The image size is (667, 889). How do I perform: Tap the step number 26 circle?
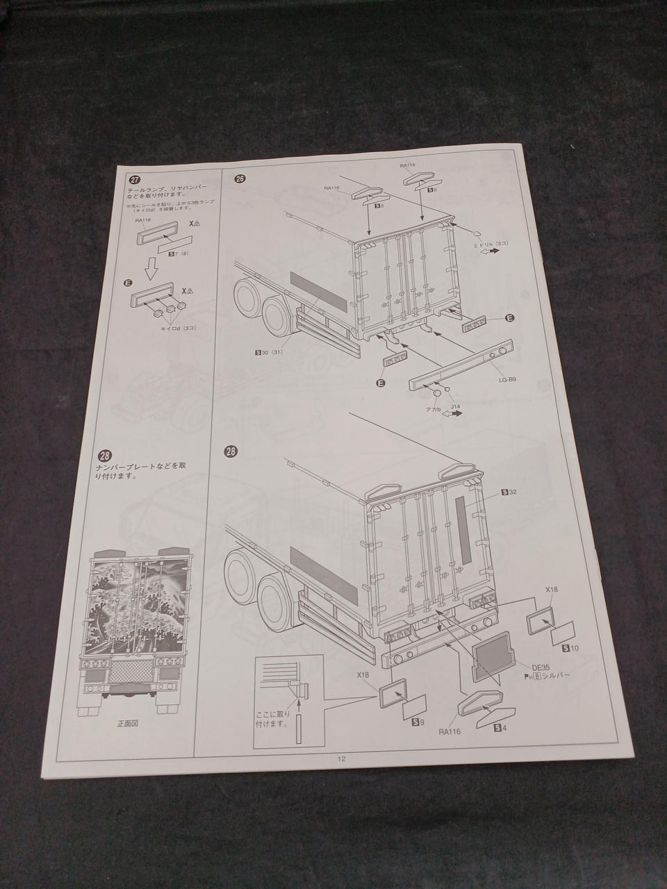pyautogui.click(x=240, y=178)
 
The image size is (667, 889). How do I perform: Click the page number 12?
pyautogui.click(x=341, y=758)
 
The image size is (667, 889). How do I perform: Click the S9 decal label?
pyautogui.click(x=418, y=722)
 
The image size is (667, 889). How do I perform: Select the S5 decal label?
pyautogui.click(x=379, y=206)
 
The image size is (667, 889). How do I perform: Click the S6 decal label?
pyautogui.click(x=431, y=189)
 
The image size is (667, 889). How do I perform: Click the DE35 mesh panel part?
pyautogui.click(x=493, y=654)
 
